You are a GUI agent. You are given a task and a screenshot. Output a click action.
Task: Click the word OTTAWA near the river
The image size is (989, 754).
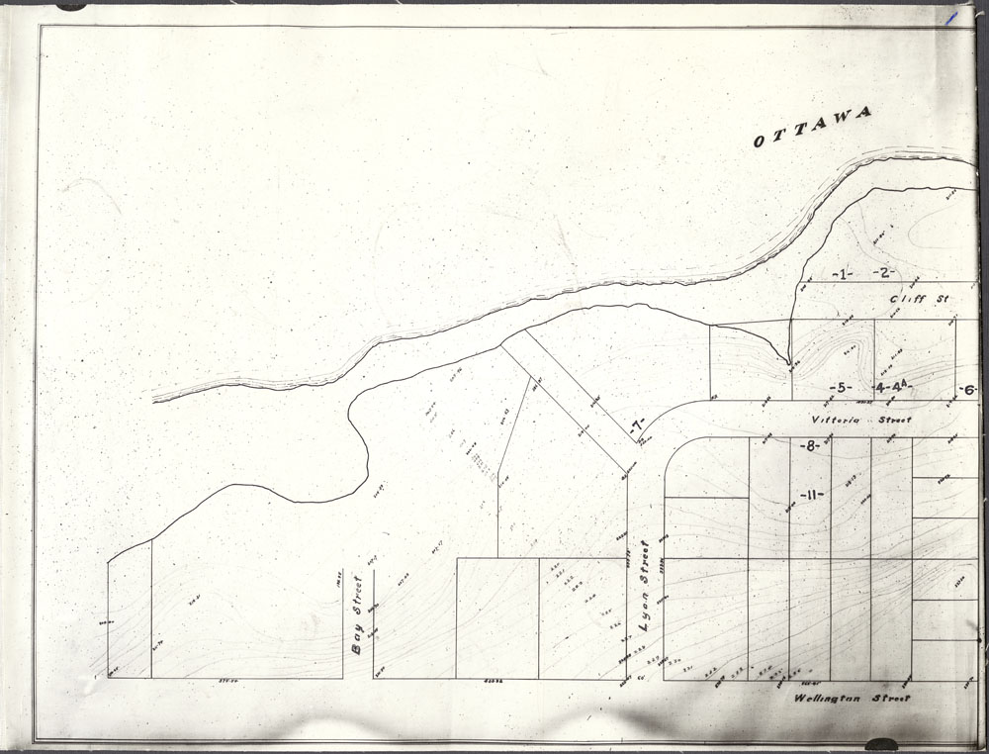pos(813,127)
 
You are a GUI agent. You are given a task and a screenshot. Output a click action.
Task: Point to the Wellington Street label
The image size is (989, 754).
pos(852,699)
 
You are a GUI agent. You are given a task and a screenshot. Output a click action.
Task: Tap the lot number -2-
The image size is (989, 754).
pos(883,272)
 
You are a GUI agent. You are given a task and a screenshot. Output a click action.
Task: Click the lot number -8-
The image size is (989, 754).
pos(810,446)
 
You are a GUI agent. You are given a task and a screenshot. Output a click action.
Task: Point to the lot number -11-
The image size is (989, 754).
pos(813,494)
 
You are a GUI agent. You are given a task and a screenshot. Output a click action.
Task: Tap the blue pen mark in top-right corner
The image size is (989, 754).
pos(950,17)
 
